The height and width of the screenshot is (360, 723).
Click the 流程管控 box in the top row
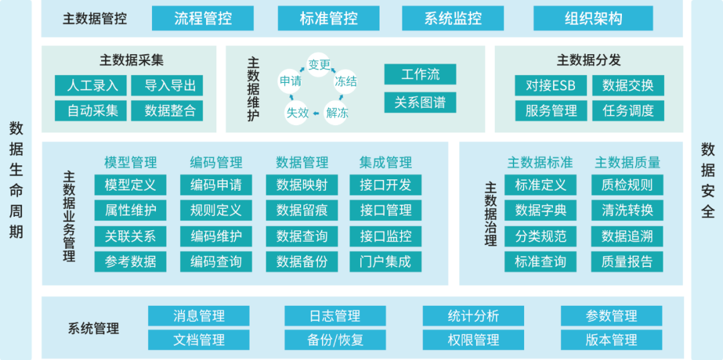click(x=203, y=18)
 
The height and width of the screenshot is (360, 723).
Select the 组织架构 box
click(x=594, y=18)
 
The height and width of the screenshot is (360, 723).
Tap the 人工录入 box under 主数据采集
click(x=92, y=86)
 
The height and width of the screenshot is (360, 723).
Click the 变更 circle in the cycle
click(x=319, y=64)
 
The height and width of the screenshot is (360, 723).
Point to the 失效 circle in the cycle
click(x=297, y=112)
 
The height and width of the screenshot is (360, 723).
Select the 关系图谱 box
click(x=420, y=102)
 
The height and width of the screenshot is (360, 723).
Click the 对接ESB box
click(x=551, y=86)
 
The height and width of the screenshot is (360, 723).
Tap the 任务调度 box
click(x=628, y=110)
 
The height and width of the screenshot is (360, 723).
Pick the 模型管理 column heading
click(x=131, y=162)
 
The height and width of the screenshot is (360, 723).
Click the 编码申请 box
click(x=216, y=185)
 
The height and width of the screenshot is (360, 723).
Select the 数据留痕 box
click(x=302, y=210)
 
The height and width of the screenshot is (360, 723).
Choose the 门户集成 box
click(x=386, y=261)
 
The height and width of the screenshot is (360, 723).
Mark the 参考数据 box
click(x=131, y=261)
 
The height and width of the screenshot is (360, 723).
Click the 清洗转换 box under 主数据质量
click(x=627, y=210)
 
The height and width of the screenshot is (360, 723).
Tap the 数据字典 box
click(x=540, y=210)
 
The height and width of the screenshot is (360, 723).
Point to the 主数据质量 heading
click(x=627, y=162)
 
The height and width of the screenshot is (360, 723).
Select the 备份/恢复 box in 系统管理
click(x=335, y=340)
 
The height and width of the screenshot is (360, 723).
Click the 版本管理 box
click(x=611, y=340)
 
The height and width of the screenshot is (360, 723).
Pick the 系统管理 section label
click(x=94, y=329)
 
